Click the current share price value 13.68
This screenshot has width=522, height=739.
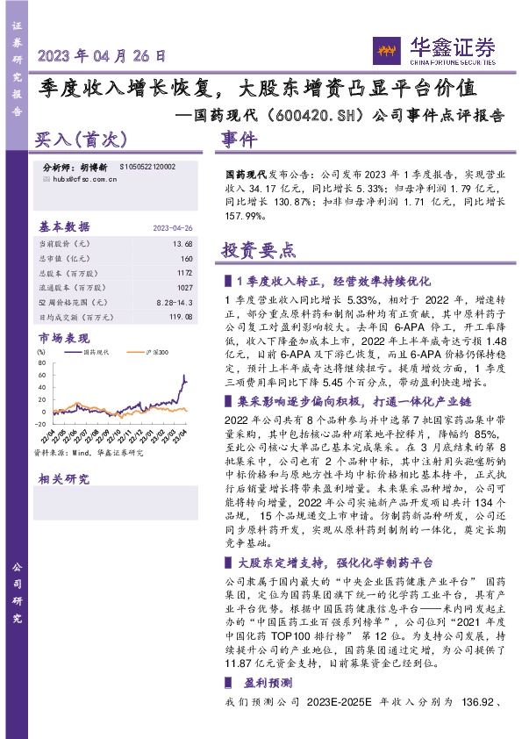[183, 242]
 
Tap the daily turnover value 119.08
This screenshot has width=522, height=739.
[179, 317]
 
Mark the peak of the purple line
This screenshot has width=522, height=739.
[184, 376]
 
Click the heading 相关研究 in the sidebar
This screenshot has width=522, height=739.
[63, 479]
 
